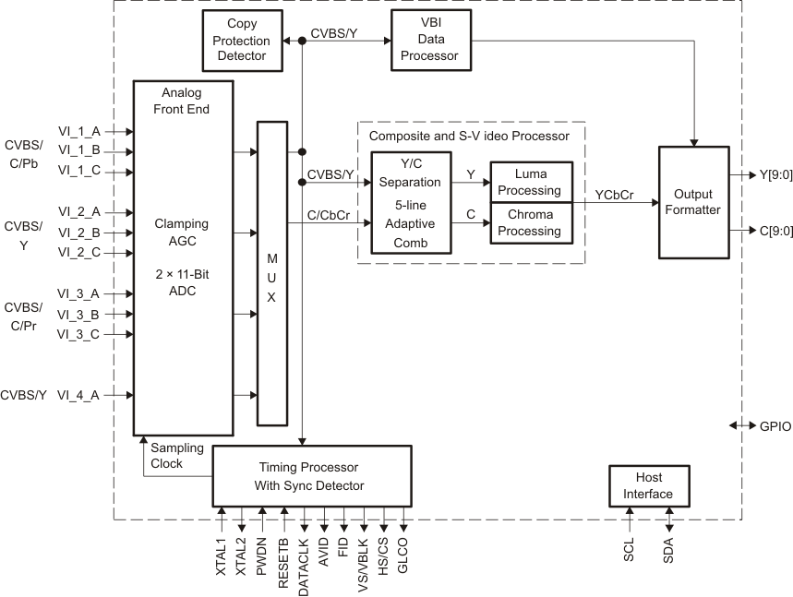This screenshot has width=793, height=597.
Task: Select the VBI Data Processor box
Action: (x=430, y=41)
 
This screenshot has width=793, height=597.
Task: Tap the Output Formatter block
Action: (x=693, y=202)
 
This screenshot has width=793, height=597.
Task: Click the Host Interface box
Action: (x=648, y=486)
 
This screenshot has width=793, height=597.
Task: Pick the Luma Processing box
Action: (x=531, y=182)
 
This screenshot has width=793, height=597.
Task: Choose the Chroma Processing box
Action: (x=531, y=223)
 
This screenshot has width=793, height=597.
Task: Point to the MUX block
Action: (x=271, y=273)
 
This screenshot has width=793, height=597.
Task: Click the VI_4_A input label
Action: (x=78, y=395)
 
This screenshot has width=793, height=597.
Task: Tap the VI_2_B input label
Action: (x=78, y=232)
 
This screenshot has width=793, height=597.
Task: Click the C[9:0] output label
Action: (x=774, y=232)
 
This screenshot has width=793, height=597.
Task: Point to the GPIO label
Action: (x=775, y=427)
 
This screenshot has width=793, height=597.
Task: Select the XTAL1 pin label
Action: (x=222, y=558)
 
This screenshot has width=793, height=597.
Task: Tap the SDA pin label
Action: (x=668, y=554)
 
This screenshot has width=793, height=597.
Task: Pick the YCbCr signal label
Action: (x=614, y=195)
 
